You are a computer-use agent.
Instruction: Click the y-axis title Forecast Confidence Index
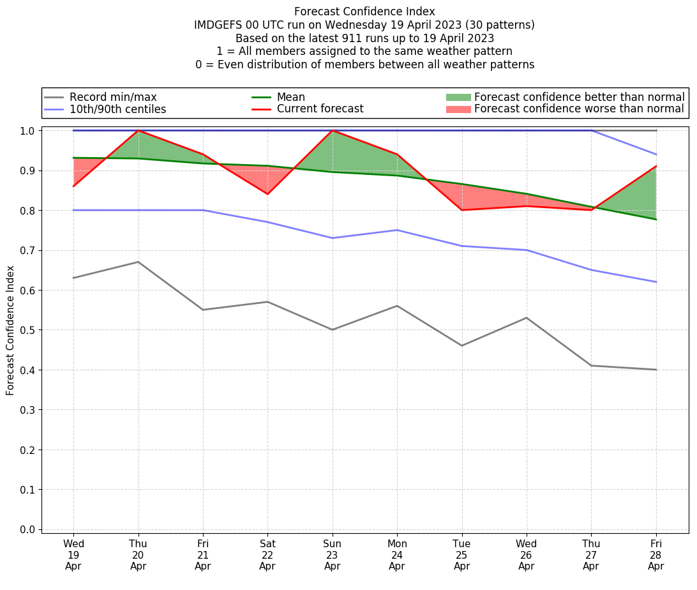10,330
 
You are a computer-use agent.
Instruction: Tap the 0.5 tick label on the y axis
27,330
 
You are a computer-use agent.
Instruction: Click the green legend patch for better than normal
458,97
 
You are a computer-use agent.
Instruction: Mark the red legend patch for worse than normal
458,109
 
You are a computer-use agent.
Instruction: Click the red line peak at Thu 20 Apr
138,130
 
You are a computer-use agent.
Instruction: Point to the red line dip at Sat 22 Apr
267,194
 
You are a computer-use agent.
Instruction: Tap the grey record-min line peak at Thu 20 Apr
138,262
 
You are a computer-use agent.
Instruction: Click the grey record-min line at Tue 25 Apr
461,345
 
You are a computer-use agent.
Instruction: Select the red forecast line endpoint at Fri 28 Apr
656,166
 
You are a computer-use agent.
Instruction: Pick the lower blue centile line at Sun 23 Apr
332,238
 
